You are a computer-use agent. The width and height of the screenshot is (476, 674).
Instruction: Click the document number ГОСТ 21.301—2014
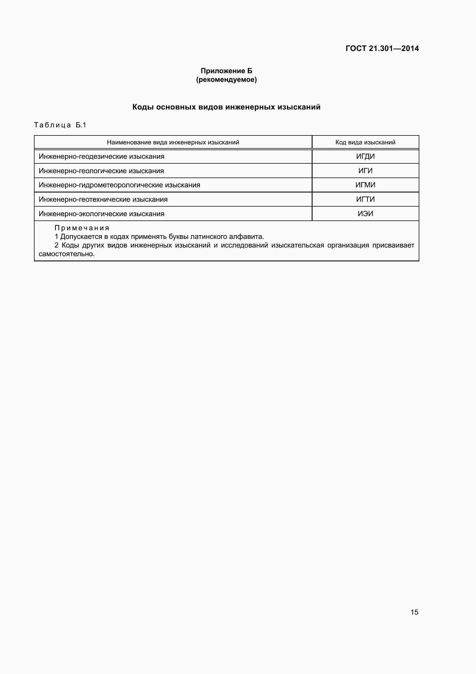pos(382,48)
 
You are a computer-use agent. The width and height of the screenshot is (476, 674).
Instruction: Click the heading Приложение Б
pos(226,71)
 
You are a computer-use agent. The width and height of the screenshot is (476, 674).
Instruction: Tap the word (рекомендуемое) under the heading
pos(226,80)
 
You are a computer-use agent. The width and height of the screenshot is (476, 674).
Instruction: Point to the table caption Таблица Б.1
pos(60,125)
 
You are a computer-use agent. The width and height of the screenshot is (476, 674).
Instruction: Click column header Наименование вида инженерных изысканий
pos(173,142)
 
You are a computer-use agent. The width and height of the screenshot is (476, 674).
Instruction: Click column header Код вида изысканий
pos(365,142)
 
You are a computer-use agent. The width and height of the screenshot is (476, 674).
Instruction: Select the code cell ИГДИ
pos(365,156)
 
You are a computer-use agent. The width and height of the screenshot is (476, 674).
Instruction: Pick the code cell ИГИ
pos(365,171)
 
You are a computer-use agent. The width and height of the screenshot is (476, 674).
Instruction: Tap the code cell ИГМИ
pos(365,185)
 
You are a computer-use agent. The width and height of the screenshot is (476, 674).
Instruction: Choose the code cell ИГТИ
pos(365,199)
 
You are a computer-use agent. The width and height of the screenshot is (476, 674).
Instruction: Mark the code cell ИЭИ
pos(365,214)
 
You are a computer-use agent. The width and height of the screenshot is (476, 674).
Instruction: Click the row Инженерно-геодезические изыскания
pos(101,156)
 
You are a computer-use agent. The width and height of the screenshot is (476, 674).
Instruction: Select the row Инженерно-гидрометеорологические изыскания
pos(119,185)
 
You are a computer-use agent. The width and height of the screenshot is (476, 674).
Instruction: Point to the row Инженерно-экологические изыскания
pos(101,214)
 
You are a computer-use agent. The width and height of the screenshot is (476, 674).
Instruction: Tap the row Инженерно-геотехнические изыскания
pos(103,199)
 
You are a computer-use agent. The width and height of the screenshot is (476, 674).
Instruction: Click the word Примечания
pos(82,228)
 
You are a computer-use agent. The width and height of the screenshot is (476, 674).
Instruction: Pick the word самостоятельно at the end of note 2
pos(66,254)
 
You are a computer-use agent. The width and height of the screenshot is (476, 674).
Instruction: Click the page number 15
pos(414,612)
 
